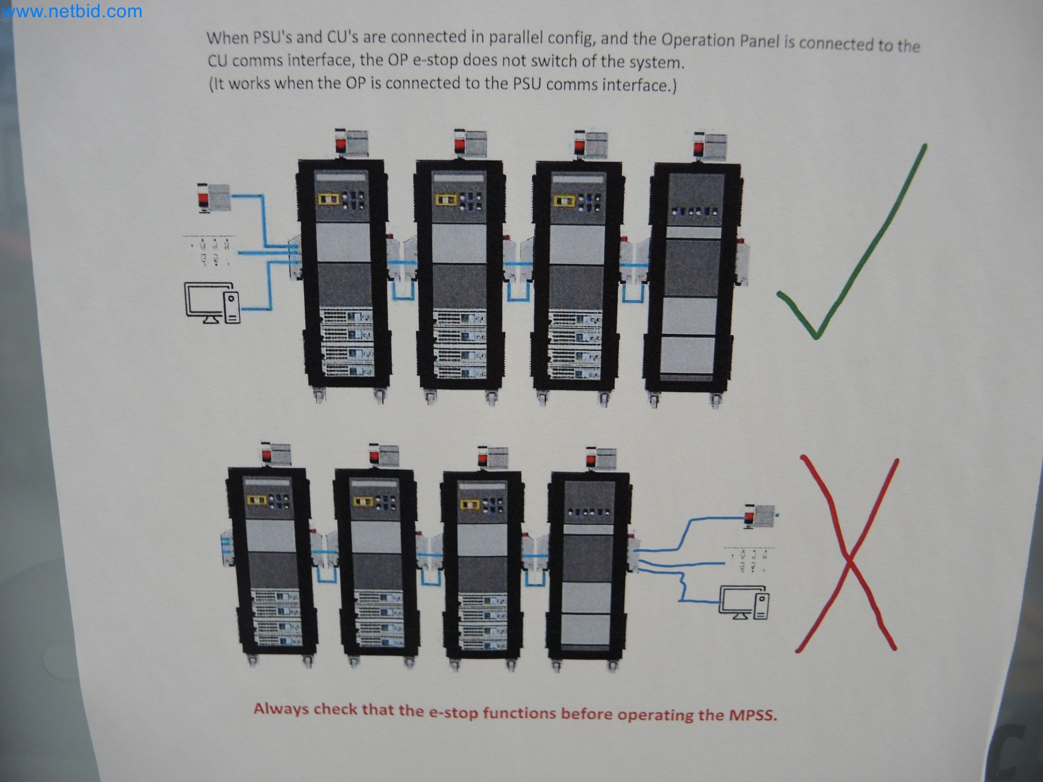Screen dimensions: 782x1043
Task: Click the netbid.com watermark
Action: tap(71, 11)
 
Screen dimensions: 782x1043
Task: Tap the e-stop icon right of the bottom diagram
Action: tap(758, 516)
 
